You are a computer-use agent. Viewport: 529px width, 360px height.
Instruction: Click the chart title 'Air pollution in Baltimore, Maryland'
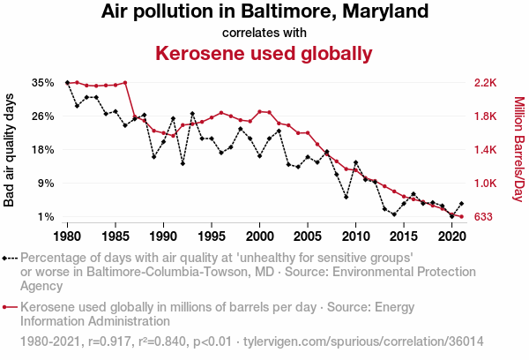pos(264,12)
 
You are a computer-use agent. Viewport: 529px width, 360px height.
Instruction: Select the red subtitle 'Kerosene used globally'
pos(264,54)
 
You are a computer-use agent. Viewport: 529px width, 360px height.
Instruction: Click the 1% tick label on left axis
pos(46,217)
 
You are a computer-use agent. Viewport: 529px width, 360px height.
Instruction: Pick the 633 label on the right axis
pos(484,217)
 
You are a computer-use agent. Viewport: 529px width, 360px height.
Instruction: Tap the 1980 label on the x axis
pos(68,237)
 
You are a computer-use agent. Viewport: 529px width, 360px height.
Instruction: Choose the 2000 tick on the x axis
pos(259,237)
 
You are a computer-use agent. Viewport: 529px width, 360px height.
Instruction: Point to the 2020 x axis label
pos(451,237)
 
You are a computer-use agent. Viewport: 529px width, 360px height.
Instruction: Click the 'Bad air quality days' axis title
pos(10,150)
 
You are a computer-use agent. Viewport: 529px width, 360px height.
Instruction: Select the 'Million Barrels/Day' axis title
pos(518,150)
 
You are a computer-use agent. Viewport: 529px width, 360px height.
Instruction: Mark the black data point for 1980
pos(68,82)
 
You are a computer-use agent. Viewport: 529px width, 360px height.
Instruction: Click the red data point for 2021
pos(461,217)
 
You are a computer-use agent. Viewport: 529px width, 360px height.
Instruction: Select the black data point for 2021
pos(461,204)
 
